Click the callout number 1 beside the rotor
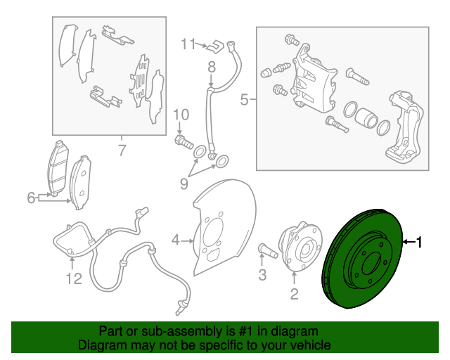(x=420, y=243)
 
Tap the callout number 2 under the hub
(x=295, y=294)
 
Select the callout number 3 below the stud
(x=262, y=276)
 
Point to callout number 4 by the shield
(x=176, y=241)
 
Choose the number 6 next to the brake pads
(x=31, y=199)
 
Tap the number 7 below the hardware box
(x=121, y=150)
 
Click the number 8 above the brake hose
(x=211, y=67)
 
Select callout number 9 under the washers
(x=184, y=184)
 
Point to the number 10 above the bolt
(x=181, y=115)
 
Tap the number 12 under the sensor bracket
(x=74, y=279)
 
